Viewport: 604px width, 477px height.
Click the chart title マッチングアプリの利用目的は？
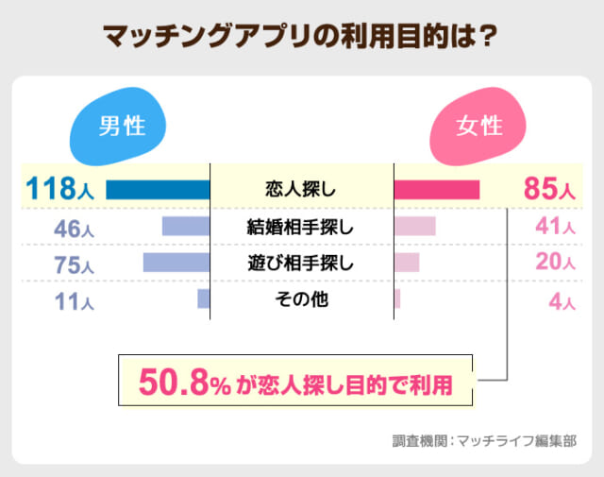tap(301, 37)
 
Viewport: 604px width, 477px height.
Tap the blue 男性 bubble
tap(121, 127)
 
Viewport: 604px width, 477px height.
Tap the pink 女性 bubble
tap(479, 127)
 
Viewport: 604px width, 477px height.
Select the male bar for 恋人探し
tap(158, 189)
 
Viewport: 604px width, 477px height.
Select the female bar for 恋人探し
tap(436, 189)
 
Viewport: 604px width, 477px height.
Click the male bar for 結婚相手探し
tap(186, 227)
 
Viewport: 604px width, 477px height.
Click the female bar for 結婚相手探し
tap(414, 227)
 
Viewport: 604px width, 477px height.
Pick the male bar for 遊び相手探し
tap(176, 263)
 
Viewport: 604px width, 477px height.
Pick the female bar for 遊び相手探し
tap(406, 263)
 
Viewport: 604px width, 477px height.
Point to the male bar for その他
tap(203, 299)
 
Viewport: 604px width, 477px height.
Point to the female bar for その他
tap(396, 299)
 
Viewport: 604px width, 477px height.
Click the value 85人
tap(548, 189)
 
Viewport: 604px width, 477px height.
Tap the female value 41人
tap(554, 227)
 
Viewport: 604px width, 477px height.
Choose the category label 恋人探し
tap(301, 189)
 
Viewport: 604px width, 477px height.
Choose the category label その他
tap(301, 299)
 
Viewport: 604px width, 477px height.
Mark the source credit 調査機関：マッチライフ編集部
tap(484, 439)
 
